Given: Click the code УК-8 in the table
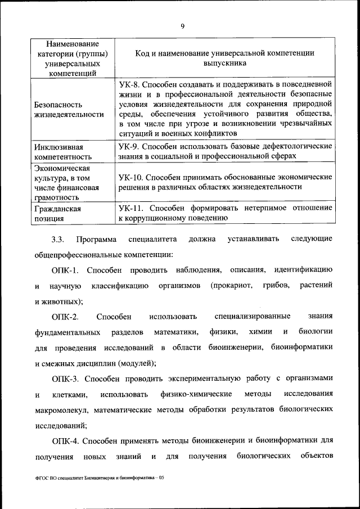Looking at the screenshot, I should [130, 84].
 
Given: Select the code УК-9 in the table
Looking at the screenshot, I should [130, 146].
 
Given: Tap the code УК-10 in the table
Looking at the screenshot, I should [132, 177].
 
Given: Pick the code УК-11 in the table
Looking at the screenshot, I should [132, 208].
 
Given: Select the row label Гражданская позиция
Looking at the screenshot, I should [57, 213].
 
